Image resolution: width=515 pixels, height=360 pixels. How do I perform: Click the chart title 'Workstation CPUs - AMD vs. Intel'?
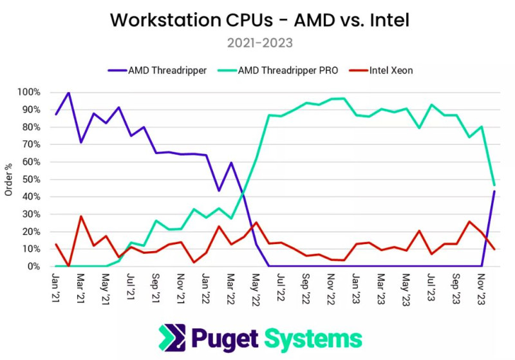pos(259,20)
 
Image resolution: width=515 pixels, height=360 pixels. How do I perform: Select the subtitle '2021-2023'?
pos(259,43)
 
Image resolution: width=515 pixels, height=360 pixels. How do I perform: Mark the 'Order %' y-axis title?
pos(8,179)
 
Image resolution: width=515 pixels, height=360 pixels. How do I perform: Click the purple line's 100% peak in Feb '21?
pos(69,92)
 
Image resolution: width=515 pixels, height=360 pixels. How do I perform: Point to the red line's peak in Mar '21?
pos(81,216)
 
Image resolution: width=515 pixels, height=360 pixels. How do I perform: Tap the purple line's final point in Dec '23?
pos(494,191)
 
